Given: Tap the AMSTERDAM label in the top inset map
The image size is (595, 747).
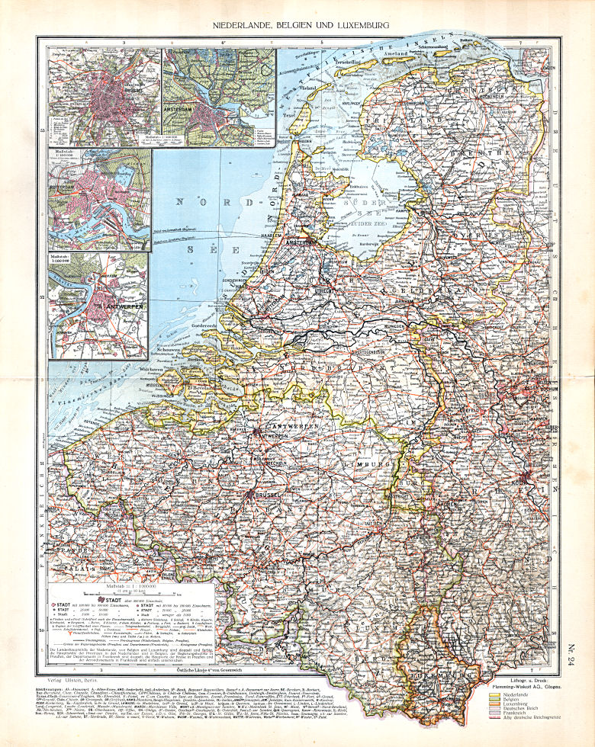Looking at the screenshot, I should (x=201, y=109).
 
